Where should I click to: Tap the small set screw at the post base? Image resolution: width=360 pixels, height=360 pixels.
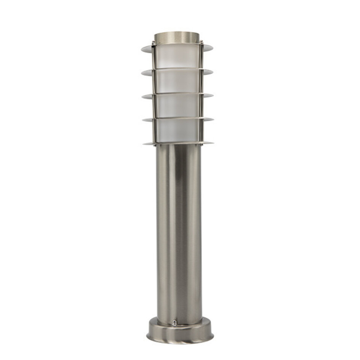[174, 323]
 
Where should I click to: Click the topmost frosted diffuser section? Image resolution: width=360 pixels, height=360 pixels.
[178, 57]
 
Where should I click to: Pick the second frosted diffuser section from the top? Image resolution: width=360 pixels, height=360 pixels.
[178, 81]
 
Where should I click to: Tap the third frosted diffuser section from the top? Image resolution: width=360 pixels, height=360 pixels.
[178, 106]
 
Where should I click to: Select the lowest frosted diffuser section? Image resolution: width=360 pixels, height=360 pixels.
[178, 131]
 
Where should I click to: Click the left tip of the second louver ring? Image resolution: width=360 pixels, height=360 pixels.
[142, 72]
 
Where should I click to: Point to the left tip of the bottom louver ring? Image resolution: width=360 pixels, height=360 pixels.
[144, 144]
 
